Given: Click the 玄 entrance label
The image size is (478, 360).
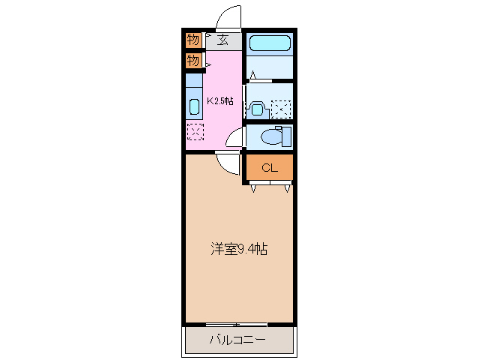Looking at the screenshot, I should (x=223, y=40).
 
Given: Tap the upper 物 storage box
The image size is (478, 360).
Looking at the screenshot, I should (x=193, y=40).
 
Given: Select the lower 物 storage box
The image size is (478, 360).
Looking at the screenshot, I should (x=193, y=60).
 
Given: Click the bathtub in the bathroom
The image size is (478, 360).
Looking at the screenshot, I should (x=270, y=43).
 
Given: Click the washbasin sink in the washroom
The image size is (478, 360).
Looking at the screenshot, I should (x=257, y=108).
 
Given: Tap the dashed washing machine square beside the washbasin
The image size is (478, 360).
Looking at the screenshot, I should (x=281, y=109).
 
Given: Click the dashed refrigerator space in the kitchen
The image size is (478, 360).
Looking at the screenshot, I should (x=193, y=132).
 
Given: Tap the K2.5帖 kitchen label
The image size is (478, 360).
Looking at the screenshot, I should (x=220, y=101).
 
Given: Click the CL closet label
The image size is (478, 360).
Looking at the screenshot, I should (x=269, y=168).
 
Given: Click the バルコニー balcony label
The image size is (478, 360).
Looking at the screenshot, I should (x=237, y=340).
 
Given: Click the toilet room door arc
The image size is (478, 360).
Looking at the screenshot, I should (x=235, y=139).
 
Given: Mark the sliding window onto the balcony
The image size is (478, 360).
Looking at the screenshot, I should (x=237, y=324).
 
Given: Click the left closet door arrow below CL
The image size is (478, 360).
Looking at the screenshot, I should (x=254, y=188).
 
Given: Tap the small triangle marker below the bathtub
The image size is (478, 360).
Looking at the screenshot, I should (x=254, y=75).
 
